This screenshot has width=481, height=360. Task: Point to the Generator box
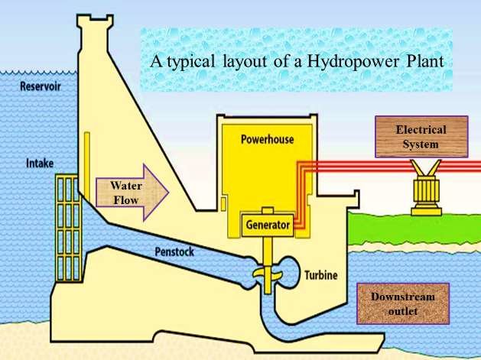268,225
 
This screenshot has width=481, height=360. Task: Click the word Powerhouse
267,140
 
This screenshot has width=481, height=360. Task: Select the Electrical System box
421,137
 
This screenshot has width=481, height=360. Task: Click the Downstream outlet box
401,303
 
